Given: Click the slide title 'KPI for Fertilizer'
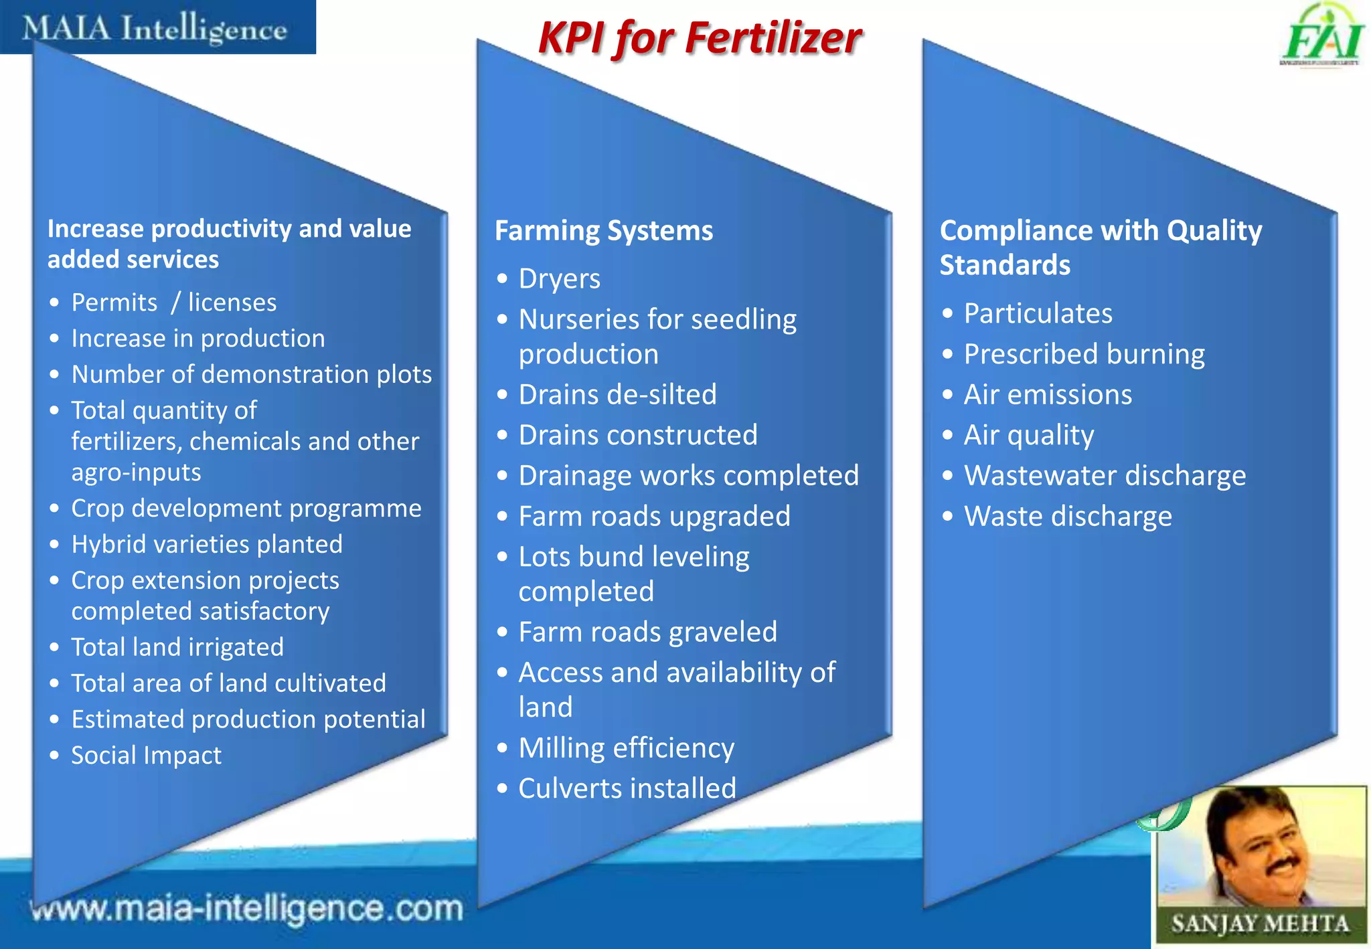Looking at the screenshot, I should (700, 38).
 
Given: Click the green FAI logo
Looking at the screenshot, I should (1321, 37).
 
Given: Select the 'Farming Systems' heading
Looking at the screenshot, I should (604, 231).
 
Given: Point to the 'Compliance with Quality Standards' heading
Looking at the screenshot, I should (1101, 248).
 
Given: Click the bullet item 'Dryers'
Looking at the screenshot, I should (560, 279).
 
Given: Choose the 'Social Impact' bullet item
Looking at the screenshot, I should (146, 756).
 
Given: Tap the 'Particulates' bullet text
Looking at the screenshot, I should (1038, 314).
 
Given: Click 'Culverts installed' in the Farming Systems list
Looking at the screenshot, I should (627, 788).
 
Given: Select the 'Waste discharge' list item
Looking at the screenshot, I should (1068, 517).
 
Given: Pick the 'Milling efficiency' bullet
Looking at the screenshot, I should (627, 748).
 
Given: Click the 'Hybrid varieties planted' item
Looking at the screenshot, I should (207, 544).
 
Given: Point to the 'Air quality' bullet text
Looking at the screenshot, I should (1029, 436).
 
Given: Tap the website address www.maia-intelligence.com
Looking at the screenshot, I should (247, 909).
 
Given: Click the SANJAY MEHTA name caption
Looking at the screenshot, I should (1259, 924).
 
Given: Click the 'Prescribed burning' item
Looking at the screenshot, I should (1084, 354).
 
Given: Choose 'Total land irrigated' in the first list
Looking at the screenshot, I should (177, 647).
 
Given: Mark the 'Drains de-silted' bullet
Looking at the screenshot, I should (617, 395).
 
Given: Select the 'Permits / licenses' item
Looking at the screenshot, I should (174, 303).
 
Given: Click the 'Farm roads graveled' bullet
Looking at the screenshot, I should (647, 632).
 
